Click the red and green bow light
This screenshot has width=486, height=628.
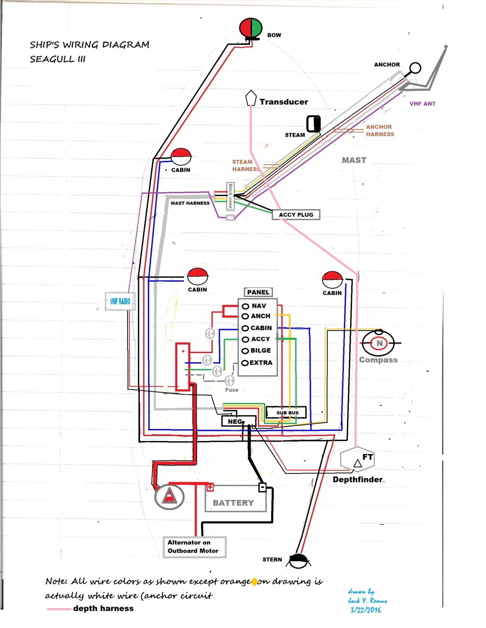click(251, 28)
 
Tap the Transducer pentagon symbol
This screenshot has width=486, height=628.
click(250, 98)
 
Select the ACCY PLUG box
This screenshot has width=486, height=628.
click(296, 214)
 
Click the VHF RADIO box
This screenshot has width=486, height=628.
click(120, 301)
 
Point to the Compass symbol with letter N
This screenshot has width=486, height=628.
click(379, 343)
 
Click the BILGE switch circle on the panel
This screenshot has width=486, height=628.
click(245, 351)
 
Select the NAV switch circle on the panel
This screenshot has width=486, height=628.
click(245, 306)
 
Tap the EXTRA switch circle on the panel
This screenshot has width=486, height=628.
click(245, 363)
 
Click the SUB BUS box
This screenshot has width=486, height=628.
click(287, 413)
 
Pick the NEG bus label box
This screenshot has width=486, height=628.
click(234, 422)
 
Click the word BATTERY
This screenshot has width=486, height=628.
click(233, 503)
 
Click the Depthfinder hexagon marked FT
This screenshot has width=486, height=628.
click(357, 460)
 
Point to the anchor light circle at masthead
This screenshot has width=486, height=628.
click(415, 68)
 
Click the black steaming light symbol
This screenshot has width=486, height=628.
click(314, 124)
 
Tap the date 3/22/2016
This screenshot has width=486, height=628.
click(366, 610)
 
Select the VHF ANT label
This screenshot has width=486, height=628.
click(422, 103)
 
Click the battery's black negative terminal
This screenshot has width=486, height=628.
click(262, 487)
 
